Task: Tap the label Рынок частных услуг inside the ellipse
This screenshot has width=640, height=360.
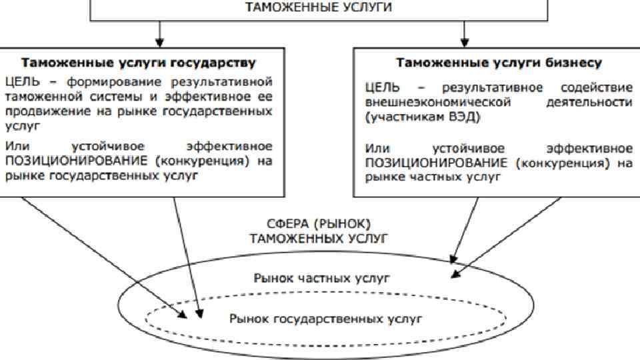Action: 321,277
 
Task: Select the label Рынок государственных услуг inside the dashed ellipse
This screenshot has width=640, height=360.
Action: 325,319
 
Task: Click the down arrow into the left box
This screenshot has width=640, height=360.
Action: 159,33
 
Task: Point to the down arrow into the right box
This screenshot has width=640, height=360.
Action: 465,33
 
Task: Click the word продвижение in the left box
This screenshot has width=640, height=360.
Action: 40,111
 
